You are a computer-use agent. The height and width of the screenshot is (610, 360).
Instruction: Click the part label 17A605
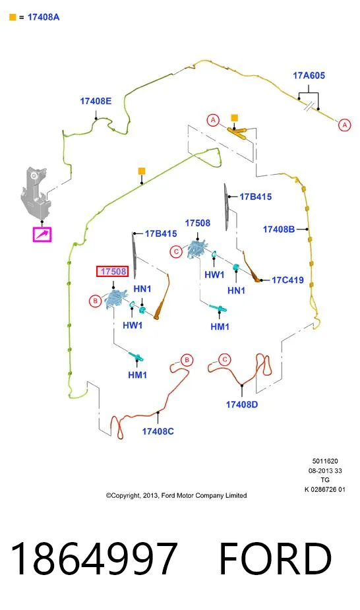click(309, 75)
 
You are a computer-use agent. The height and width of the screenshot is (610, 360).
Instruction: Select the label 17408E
click(96, 101)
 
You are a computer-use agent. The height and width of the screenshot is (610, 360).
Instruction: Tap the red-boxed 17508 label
click(112, 272)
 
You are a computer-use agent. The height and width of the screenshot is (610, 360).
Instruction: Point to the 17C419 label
click(287, 280)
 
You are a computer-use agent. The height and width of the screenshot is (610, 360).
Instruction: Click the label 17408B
click(279, 229)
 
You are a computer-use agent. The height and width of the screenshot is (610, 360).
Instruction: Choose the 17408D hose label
click(242, 405)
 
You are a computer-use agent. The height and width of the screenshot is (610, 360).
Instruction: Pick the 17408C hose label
click(158, 431)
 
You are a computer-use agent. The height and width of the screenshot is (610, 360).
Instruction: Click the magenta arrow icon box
click(42, 235)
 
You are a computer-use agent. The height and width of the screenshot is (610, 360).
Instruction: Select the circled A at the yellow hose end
click(344, 125)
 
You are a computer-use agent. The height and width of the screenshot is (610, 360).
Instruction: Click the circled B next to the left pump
click(95, 301)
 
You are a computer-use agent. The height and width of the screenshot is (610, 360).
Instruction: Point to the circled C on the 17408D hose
click(225, 359)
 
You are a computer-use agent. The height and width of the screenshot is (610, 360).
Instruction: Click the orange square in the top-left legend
click(13, 17)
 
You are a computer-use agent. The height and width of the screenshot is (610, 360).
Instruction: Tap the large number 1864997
click(94, 559)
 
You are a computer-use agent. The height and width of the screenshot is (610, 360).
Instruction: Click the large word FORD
click(275, 559)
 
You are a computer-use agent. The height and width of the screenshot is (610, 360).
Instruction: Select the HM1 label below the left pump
click(137, 375)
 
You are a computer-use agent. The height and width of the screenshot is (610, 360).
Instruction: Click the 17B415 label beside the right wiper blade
click(255, 197)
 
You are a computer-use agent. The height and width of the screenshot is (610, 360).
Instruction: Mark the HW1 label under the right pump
click(214, 274)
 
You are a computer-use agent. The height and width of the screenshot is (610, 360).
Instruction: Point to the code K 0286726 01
click(325, 489)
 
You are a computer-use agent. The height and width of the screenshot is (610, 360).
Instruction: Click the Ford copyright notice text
click(177, 495)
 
